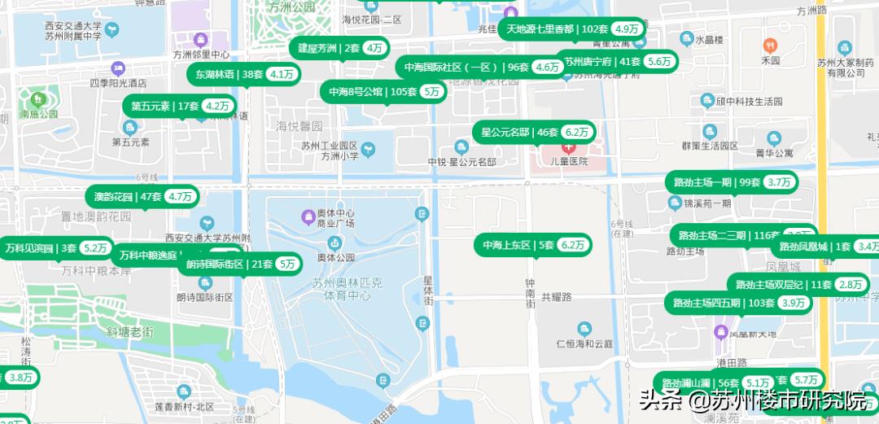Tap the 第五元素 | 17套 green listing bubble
point(180,106)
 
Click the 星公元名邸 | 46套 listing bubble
point(534,132)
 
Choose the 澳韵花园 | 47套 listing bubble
point(142,196)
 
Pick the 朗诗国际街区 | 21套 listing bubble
point(239,264)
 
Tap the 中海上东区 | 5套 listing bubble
point(533,245)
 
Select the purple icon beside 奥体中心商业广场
point(308,216)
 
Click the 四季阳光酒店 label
point(118,82)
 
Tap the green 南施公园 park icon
point(36,100)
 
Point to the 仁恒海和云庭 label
point(584,343)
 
